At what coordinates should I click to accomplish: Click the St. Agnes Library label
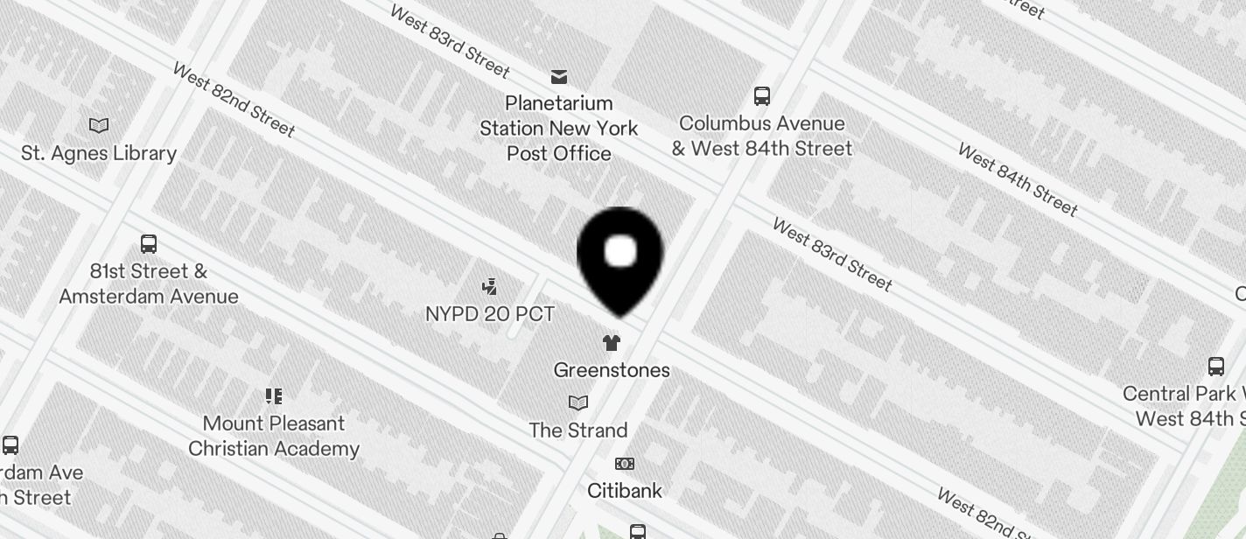[x=99, y=153]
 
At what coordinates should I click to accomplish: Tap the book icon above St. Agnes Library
[x=99, y=126]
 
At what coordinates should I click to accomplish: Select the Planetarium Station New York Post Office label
[x=558, y=128]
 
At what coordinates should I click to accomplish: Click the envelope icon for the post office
[x=558, y=77]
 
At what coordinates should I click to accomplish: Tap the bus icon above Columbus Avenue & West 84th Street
[x=761, y=96]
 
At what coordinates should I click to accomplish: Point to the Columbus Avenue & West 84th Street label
[x=761, y=136]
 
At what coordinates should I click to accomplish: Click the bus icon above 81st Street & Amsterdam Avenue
[x=149, y=244]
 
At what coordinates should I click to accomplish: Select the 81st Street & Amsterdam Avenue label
[x=149, y=283]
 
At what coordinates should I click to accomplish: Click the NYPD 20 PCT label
[x=490, y=313]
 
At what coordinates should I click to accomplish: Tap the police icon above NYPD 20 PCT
[x=490, y=286]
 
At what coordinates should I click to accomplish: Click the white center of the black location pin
[x=620, y=251]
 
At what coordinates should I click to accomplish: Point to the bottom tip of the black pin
[x=620, y=316]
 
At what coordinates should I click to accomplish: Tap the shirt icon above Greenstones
[x=612, y=343]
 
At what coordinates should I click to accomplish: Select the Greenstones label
[x=612, y=370]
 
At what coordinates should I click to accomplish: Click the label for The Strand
[x=578, y=430]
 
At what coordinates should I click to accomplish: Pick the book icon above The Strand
[x=578, y=403]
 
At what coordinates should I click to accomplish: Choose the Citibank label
[x=625, y=491]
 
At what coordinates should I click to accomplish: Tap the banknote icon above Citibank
[x=625, y=464]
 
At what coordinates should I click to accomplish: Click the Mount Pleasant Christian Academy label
[x=274, y=436]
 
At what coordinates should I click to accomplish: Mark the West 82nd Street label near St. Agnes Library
[x=234, y=99]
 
